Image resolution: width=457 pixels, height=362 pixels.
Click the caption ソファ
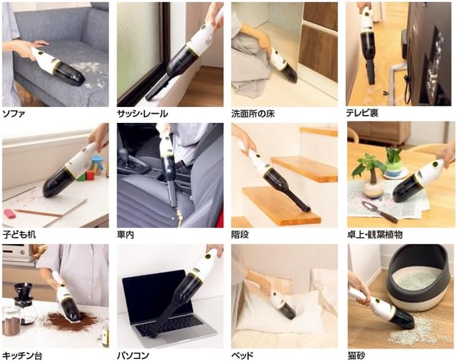[14, 114]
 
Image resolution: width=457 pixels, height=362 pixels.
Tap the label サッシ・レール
[143, 114]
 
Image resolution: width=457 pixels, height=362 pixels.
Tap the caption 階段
[240, 235]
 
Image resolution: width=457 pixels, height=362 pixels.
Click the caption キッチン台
[22, 355]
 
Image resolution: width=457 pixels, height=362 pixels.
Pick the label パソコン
[134, 355]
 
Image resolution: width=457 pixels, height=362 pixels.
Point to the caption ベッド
[242, 355]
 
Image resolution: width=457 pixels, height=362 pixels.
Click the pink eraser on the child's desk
[11, 213]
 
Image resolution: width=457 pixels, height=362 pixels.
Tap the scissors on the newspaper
[379, 211]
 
